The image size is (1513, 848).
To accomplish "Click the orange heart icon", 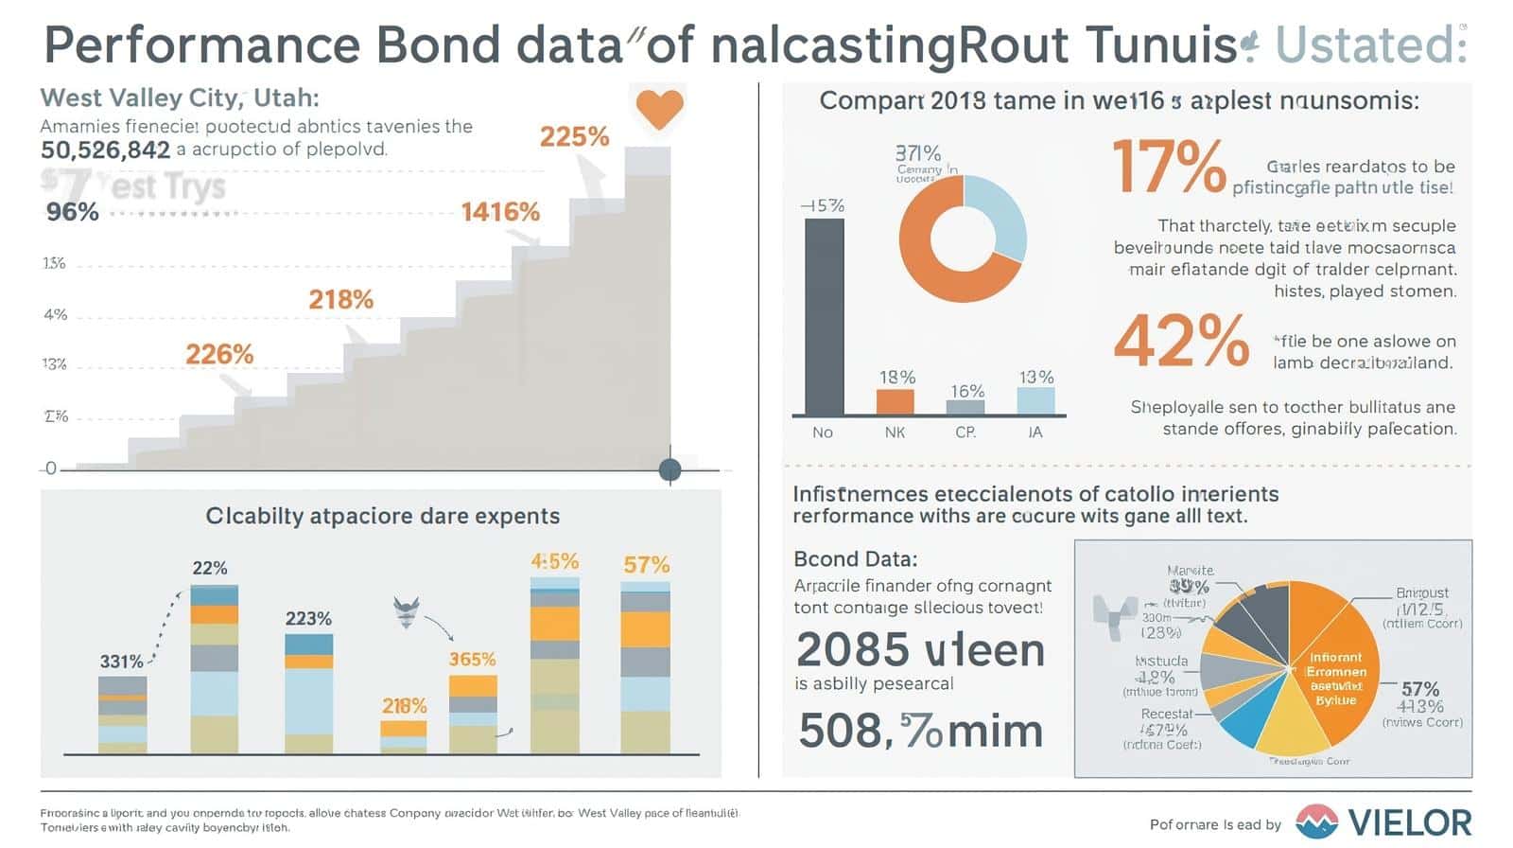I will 659,109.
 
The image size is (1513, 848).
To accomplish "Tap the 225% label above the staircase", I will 574,137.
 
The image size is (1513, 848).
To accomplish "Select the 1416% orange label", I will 500,211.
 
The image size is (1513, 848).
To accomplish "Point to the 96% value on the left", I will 73,211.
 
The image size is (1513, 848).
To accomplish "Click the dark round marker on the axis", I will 670,469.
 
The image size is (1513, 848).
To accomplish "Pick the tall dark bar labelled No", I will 824,317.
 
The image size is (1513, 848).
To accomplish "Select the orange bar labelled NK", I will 895,401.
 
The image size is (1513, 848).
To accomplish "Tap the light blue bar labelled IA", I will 1035,400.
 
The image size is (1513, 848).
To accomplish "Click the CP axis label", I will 965,433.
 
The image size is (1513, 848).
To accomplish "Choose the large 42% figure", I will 1181,341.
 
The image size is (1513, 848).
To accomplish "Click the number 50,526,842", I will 106,150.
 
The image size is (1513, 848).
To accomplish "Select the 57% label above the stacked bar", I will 647,565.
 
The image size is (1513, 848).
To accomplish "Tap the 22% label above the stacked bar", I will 210,568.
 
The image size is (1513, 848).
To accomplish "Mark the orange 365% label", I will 472,659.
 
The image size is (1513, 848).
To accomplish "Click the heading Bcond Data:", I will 855,558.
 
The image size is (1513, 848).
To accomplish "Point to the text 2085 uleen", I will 920,650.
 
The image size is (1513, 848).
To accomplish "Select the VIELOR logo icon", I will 1316,821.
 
